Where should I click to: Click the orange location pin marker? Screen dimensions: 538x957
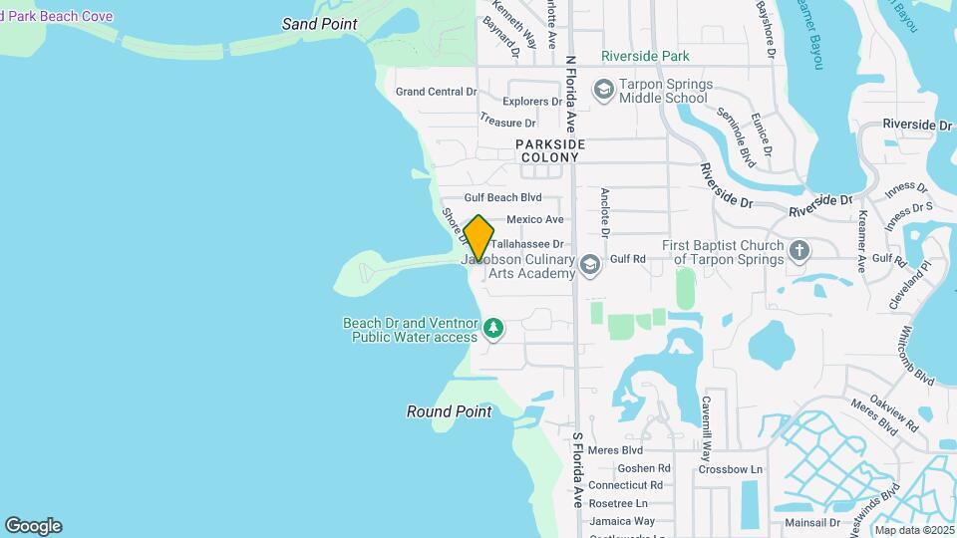tap(478, 238)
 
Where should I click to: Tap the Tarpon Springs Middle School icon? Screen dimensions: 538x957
tap(603, 90)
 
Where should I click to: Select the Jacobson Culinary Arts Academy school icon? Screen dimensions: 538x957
tap(590, 264)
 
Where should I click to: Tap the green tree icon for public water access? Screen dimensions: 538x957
tap(492, 328)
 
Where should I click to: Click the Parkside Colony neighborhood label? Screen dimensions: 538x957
tap(549, 151)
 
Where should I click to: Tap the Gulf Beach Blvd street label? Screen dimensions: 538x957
tap(502, 198)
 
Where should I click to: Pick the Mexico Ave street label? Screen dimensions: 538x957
tap(534, 219)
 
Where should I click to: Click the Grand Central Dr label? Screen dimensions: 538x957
tap(436, 92)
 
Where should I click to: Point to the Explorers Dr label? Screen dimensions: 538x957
tap(533, 102)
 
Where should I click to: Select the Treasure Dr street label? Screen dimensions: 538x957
tap(507, 123)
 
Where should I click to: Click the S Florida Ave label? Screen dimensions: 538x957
tap(576, 470)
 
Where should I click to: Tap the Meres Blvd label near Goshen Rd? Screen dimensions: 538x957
tap(616, 450)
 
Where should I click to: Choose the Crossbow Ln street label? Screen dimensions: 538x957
tap(730, 469)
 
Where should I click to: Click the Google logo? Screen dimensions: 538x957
tap(33, 526)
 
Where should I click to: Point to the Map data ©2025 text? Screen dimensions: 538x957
tap(913, 530)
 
